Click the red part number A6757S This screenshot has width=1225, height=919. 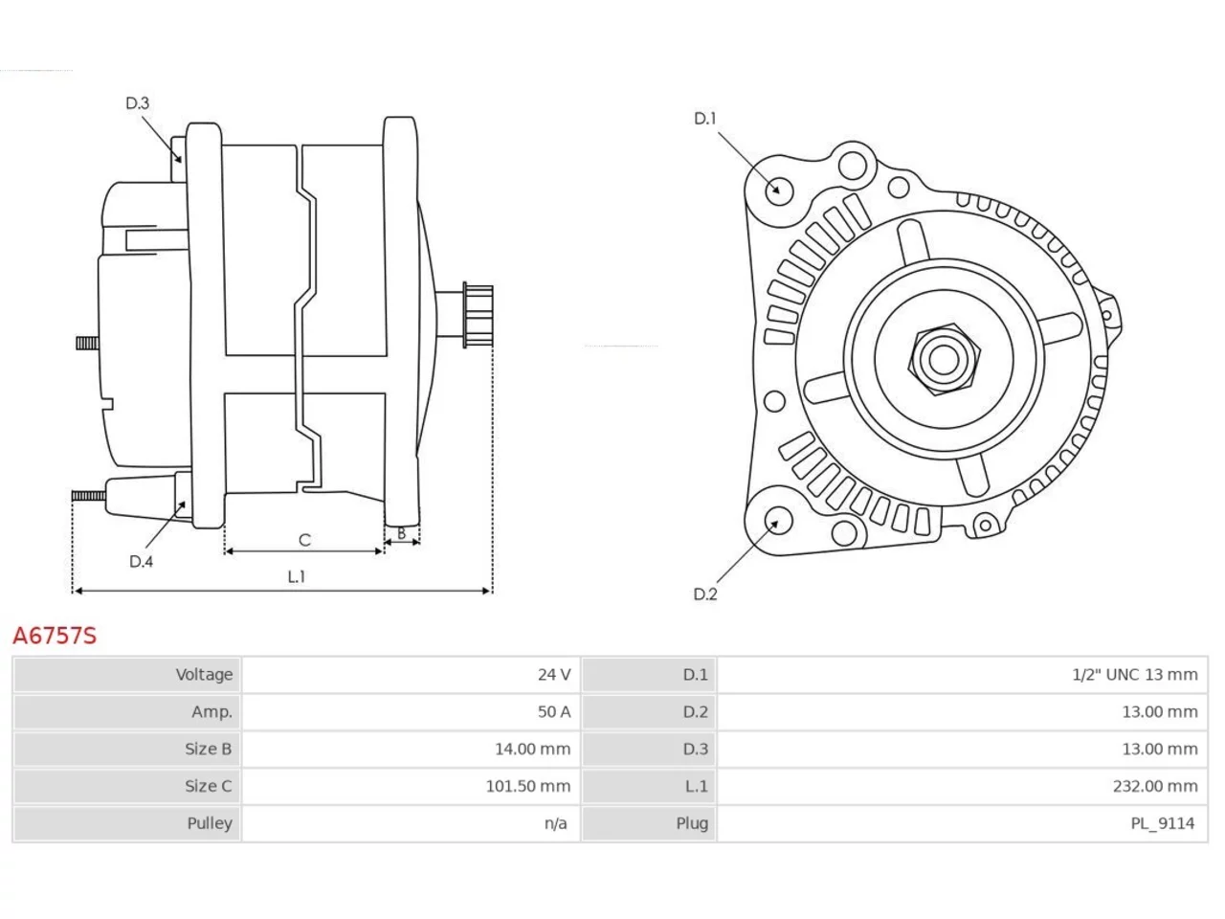pyautogui.click(x=55, y=636)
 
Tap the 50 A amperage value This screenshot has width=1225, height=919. pyautogui.click(x=553, y=711)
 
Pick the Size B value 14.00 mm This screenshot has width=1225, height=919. pyautogui.click(x=532, y=749)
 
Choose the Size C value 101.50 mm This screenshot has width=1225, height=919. pyautogui.click(x=528, y=786)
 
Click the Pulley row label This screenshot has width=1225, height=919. pyautogui.click(x=210, y=823)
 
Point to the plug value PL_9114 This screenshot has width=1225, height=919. pyautogui.click(x=1163, y=823)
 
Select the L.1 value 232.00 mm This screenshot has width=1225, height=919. pyautogui.click(x=1155, y=786)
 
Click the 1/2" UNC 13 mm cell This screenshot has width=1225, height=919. pyautogui.click(x=1135, y=675)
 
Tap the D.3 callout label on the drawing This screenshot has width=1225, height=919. pyautogui.click(x=137, y=103)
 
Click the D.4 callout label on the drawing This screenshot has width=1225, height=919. pyautogui.click(x=141, y=561)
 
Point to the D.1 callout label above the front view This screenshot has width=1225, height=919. pyautogui.click(x=704, y=119)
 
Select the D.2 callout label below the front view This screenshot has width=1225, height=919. pyautogui.click(x=705, y=594)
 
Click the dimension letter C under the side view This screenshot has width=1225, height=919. pyautogui.click(x=304, y=540)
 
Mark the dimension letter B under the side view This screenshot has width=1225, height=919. pyautogui.click(x=401, y=534)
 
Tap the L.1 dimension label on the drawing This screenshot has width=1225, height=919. pyautogui.click(x=297, y=577)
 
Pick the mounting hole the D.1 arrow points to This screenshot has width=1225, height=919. pyautogui.click(x=778, y=191)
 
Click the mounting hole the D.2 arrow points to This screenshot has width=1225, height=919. pyautogui.click(x=777, y=521)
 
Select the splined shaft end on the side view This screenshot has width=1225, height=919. pyautogui.click(x=478, y=315)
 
